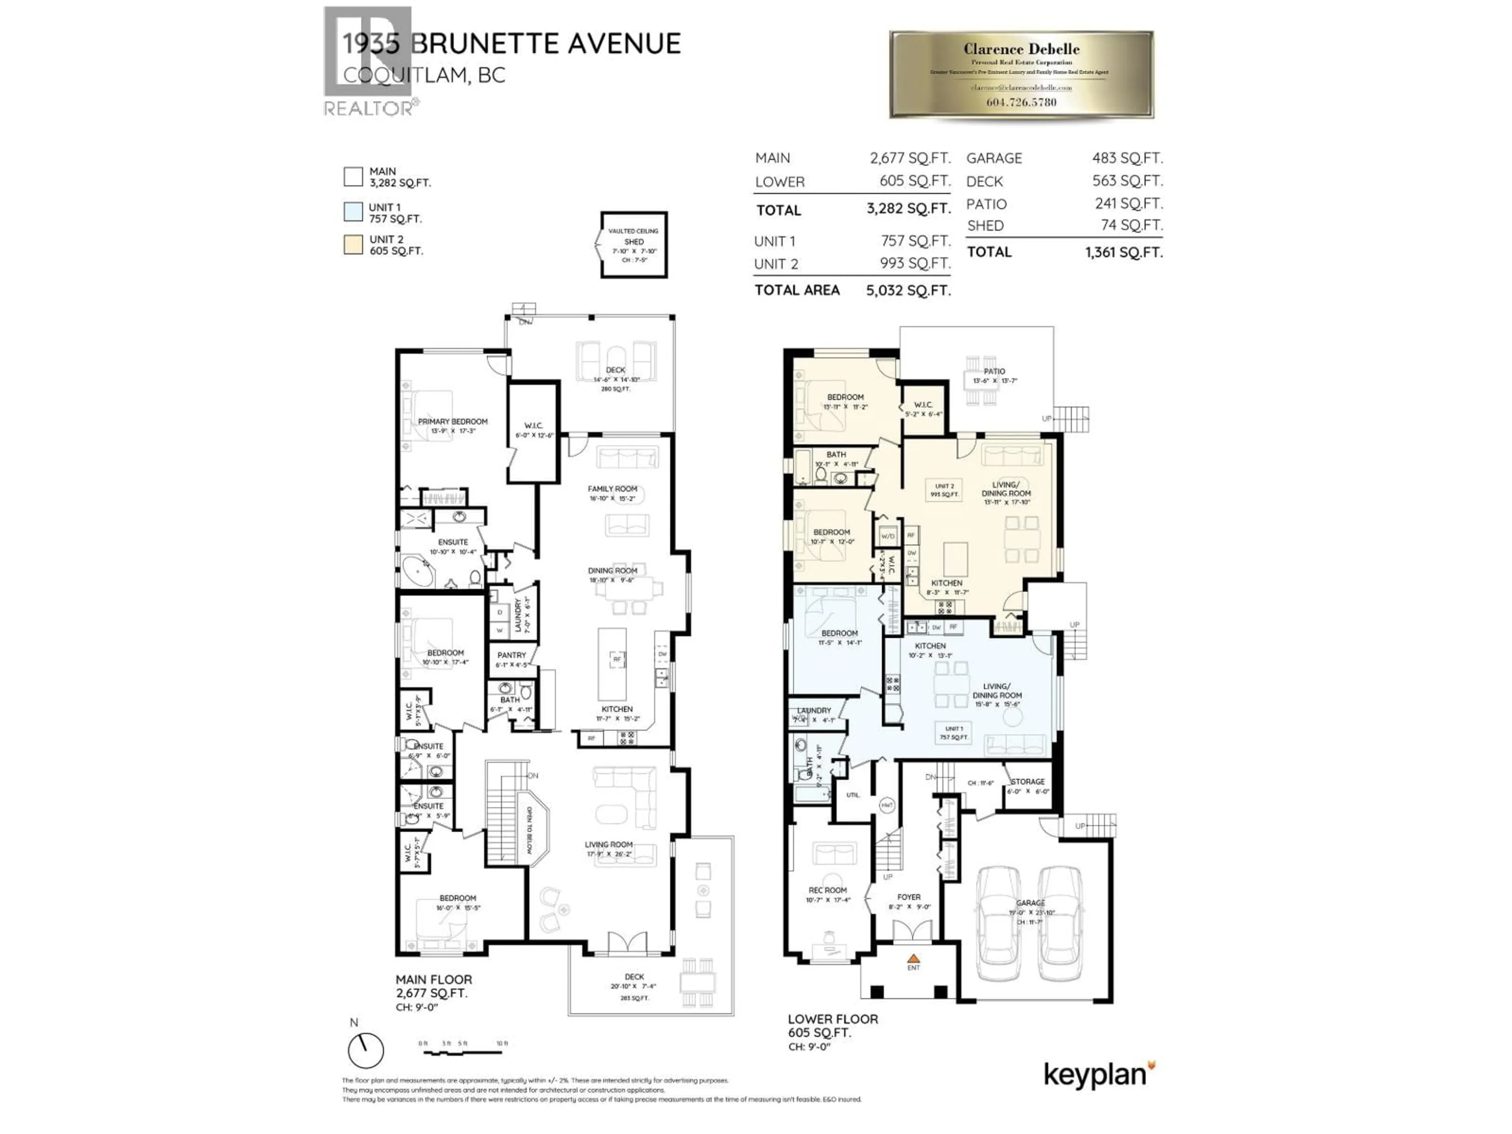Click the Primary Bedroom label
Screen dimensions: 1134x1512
point(452,422)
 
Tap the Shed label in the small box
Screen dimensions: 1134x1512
point(634,242)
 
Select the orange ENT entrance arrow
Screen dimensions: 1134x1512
point(913,959)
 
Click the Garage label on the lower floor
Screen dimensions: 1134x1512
point(1030,903)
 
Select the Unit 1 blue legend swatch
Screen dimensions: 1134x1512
point(353,212)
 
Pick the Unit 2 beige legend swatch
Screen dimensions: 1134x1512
point(353,245)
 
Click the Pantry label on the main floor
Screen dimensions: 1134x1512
point(511,655)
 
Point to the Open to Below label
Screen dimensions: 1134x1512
point(529,830)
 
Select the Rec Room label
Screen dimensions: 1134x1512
point(827,890)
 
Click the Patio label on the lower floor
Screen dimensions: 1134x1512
point(995,371)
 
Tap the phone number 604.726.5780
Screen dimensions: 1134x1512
point(1021,102)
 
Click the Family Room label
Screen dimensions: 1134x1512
point(612,489)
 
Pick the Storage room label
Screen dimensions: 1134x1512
point(1027,781)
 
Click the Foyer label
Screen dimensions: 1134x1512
point(909,897)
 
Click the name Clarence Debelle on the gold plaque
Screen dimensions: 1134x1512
point(1021,49)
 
